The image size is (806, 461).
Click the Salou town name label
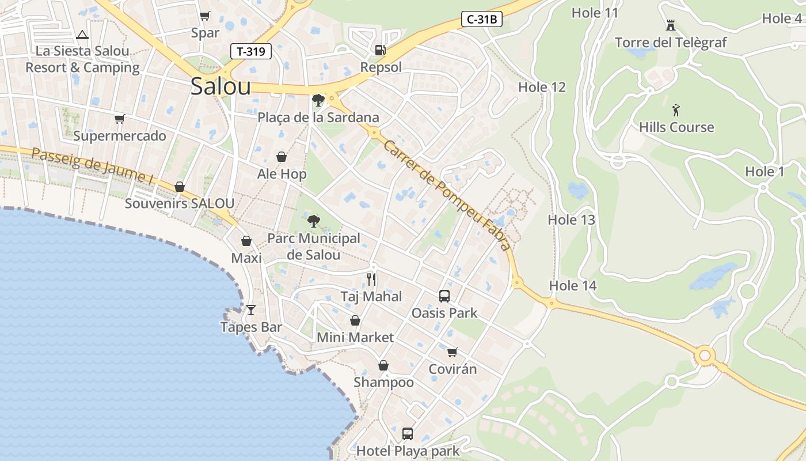(x=220, y=86)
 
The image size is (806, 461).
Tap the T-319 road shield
(x=251, y=51)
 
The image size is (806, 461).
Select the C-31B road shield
(x=482, y=19)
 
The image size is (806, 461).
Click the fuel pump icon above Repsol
(x=380, y=50)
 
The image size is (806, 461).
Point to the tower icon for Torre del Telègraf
(x=670, y=25)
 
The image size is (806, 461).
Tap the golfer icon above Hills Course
(x=676, y=109)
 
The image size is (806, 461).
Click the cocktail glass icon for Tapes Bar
(x=251, y=310)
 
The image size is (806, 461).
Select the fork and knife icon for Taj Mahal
(x=371, y=279)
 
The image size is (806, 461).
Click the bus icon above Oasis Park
(x=444, y=296)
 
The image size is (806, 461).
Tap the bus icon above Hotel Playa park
(x=408, y=433)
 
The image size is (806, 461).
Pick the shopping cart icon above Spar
(x=205, y=16)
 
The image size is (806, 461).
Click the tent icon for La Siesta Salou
(x=82, y=35)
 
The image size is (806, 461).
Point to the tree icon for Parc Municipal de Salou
(x=314, y=221)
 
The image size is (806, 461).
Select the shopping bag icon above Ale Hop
(x=282, y=157)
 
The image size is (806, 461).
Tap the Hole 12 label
(x=542, y=87)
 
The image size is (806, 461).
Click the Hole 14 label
(x=572, y=285)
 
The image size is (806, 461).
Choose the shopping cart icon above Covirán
(x=453, y=352)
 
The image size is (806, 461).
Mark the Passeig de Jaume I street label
(x=92, y=167)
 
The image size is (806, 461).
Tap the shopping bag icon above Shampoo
(x=383, y=365)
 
